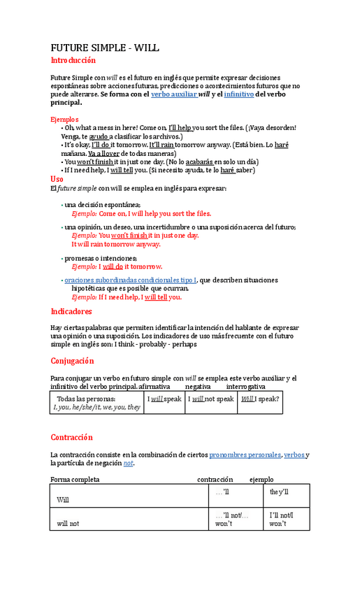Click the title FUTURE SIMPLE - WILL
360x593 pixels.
(106, 48)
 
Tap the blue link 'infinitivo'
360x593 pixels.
(238, 94)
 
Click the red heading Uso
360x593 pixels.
(57, 178)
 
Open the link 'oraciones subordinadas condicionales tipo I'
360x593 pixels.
(131, 280)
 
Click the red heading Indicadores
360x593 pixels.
(71, 311)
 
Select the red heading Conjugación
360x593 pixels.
(72, 361)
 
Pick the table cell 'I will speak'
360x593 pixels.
(164, 399)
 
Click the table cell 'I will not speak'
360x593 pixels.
(210, 399)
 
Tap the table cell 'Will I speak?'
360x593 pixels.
(259, 399)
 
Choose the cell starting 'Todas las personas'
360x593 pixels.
(96, 403)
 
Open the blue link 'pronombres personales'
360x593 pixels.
(245, 455)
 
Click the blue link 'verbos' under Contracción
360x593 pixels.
(294, 455)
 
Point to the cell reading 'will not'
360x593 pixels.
(68, 523)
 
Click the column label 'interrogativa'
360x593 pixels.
(245, 386)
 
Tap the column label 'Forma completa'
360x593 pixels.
(75, 480)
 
